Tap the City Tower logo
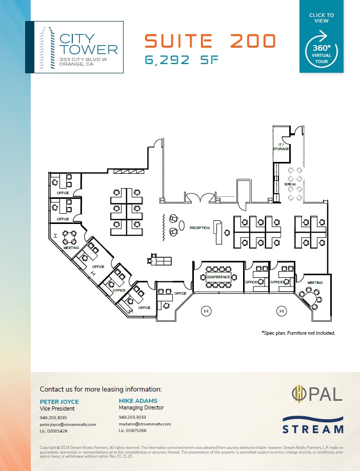[74, 47]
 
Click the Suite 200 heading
[210, 40]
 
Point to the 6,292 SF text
[182, 60]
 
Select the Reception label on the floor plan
[199, 228]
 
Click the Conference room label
[218, 277]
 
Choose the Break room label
[290, 184]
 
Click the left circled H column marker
[206, 311]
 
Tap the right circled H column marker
[281, 311]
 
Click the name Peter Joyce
[59, 401]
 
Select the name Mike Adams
[138, 401]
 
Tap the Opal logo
[317, 394]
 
